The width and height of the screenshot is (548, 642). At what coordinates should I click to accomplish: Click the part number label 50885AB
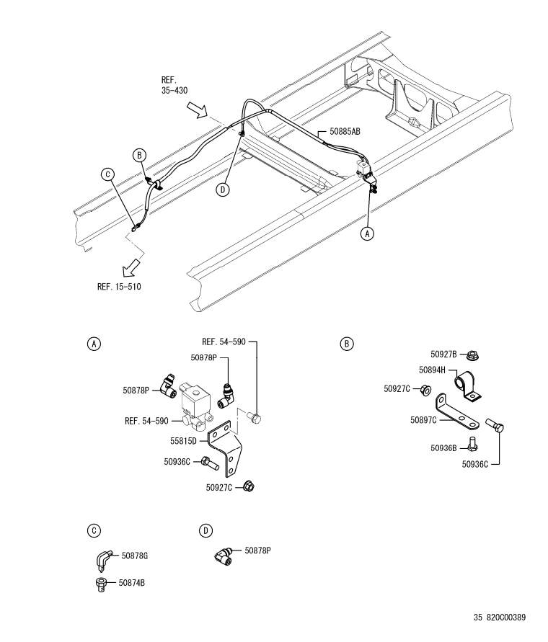click(345, 131)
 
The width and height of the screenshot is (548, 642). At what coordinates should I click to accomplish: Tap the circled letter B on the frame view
click(139, 155)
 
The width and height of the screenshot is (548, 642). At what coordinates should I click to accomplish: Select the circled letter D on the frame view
click(223, 190)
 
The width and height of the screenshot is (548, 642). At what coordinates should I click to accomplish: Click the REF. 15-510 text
click(119, 287)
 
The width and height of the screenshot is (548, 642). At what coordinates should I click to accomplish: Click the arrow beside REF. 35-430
click(197, 110)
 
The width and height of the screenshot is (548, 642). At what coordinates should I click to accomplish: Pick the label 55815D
click(183, 441)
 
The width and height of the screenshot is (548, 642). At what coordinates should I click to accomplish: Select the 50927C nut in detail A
click(249, 486)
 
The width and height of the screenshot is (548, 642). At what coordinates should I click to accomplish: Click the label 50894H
click(432, 370)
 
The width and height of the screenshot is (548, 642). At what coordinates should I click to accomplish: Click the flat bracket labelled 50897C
click(456, 413)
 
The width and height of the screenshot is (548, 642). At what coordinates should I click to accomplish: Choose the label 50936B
click(443, 448)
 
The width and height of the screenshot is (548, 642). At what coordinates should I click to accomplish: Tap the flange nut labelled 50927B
click(473, 355)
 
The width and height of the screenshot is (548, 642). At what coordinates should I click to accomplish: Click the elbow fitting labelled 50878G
click(102, 560)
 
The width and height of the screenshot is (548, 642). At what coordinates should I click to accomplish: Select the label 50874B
click(131, 583)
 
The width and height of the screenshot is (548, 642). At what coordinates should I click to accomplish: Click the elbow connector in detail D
click(224, 554)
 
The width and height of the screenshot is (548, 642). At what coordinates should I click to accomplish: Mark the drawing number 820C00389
click(505, 617)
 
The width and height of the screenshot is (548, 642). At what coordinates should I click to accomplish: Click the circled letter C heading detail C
click(94, 530)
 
